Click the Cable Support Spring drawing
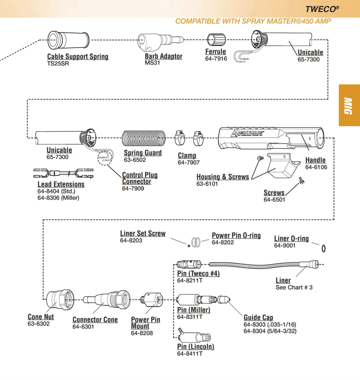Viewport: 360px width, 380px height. coord(69,40)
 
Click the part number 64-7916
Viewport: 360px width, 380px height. coord(216,59)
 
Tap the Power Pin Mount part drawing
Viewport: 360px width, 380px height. coord(152,300)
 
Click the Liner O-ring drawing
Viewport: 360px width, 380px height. coord(323,249)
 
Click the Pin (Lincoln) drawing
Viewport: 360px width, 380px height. coord(194,336)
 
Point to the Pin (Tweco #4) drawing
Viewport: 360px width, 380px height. coord(189,264)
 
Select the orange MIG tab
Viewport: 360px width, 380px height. coord(349,105)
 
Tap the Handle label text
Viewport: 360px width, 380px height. coord(315,160)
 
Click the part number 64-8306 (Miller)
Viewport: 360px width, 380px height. coord(58,198)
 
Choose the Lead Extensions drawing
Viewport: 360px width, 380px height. coord(63,173)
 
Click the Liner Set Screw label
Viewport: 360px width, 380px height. coord(143,234)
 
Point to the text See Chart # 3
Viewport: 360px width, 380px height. coord(294,287)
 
